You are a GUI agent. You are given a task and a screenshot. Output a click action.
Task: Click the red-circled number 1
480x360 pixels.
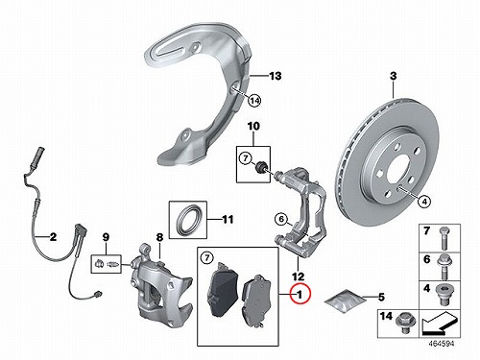point(300,294)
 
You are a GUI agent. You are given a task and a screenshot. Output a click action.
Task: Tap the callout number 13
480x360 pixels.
point(275,76)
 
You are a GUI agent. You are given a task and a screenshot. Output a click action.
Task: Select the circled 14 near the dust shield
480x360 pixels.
point(254,101)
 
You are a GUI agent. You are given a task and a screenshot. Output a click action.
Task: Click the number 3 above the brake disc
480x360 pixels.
point(394,76)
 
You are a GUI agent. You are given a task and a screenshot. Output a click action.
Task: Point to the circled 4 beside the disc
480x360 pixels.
point(424,202)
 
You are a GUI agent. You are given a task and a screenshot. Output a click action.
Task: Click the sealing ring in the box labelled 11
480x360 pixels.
point(189,220)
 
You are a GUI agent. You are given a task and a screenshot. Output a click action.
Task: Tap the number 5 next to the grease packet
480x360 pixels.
point(381,298)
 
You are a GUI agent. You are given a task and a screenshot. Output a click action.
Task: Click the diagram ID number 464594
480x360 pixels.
point(442,344)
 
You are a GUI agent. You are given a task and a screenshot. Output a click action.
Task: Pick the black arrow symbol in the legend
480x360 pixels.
point(439,324)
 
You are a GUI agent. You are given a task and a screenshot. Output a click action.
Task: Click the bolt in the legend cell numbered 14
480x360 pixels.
point(403,321)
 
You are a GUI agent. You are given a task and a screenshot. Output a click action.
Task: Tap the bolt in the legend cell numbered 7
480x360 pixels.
point(444,238)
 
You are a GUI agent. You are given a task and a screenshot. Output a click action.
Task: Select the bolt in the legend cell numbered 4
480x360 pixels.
point(444,295)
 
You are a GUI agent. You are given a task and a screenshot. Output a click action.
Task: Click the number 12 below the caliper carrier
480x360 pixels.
point(298,276)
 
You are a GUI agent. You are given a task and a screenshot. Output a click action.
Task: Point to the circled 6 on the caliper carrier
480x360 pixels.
point(281,219)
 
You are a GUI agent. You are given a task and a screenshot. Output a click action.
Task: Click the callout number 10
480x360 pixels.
point(253,127)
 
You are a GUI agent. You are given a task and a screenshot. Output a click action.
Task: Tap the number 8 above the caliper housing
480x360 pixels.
point(159,237)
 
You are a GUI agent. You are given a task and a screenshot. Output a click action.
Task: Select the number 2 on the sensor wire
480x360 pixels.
point(53,237)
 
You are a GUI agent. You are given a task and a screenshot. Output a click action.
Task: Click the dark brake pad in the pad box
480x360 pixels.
point(223,290)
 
